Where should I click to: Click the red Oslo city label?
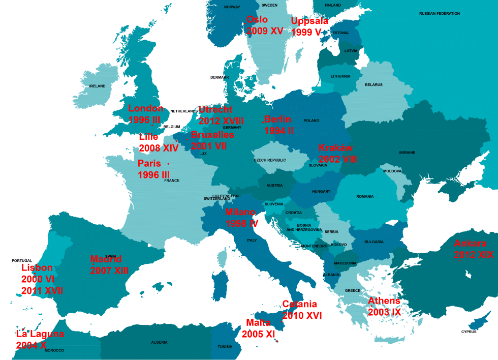[257, 20]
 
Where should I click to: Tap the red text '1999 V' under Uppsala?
[306, 32]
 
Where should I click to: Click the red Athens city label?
[384, 301]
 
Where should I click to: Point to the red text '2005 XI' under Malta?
[258, 334]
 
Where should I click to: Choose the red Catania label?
[299, 304]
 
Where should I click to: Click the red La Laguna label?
[40, 334]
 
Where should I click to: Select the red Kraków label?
[335, 148]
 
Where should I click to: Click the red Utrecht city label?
[215, 109]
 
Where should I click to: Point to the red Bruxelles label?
[212, 135]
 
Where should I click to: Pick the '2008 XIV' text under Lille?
[159, 148]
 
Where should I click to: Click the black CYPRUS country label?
[469, 332]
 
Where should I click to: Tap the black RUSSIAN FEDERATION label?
[440, 14]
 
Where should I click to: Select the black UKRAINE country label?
[407, 153]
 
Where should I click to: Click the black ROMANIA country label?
[365, 197]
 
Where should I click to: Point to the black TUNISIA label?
[225, 347]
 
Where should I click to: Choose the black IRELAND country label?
[97, 86]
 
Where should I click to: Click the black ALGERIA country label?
[159, 342]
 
